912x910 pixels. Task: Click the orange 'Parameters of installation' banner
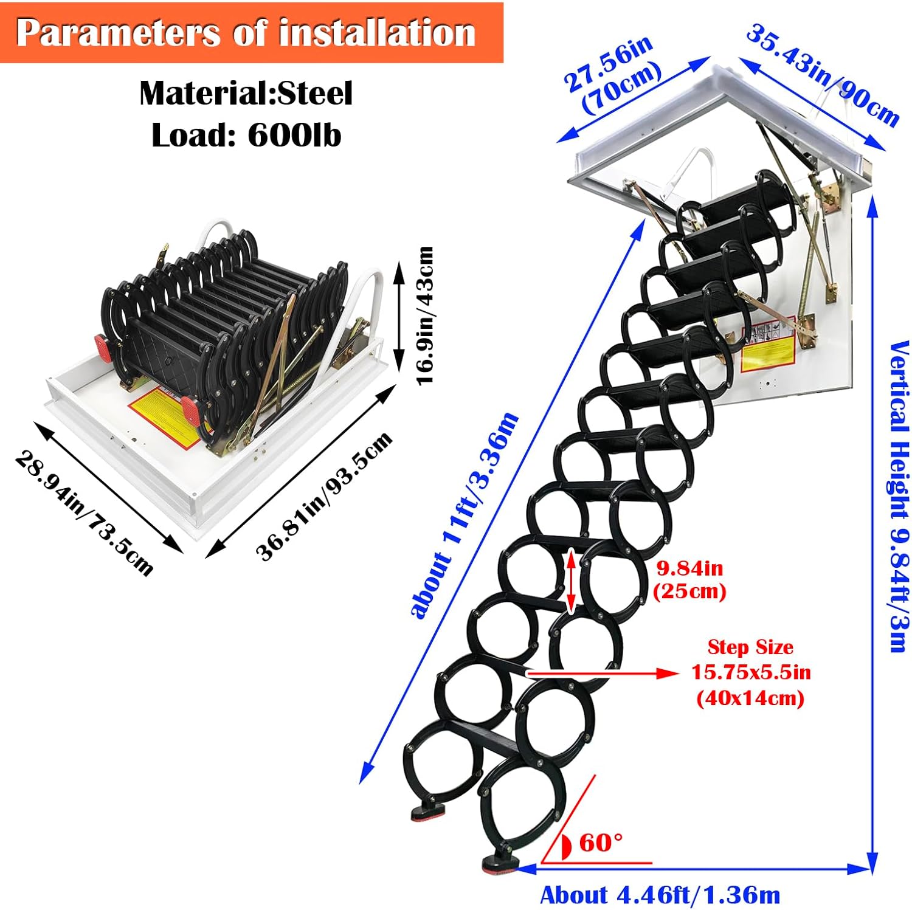(x=251, y=33)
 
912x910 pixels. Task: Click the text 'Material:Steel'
(x=246, y=94)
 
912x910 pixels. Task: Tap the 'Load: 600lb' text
(x=246, y=135)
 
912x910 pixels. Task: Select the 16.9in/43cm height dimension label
(x=425, y=315)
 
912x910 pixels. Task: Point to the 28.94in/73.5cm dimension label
(x=84, y=512)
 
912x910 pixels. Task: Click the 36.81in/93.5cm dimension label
(x=324, y=496)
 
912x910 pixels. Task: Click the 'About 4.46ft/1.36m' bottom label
(x=660, y=895)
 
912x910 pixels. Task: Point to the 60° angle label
(x=601, y=843)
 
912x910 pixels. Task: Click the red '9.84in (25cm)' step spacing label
(x=689, y=579)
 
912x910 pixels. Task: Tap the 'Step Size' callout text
(x=750, y=647)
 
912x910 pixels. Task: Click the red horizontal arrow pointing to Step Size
(x=603, y=673)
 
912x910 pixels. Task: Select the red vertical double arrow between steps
(x=571, y=581)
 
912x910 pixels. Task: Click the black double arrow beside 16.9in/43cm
(x=399, y=315)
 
